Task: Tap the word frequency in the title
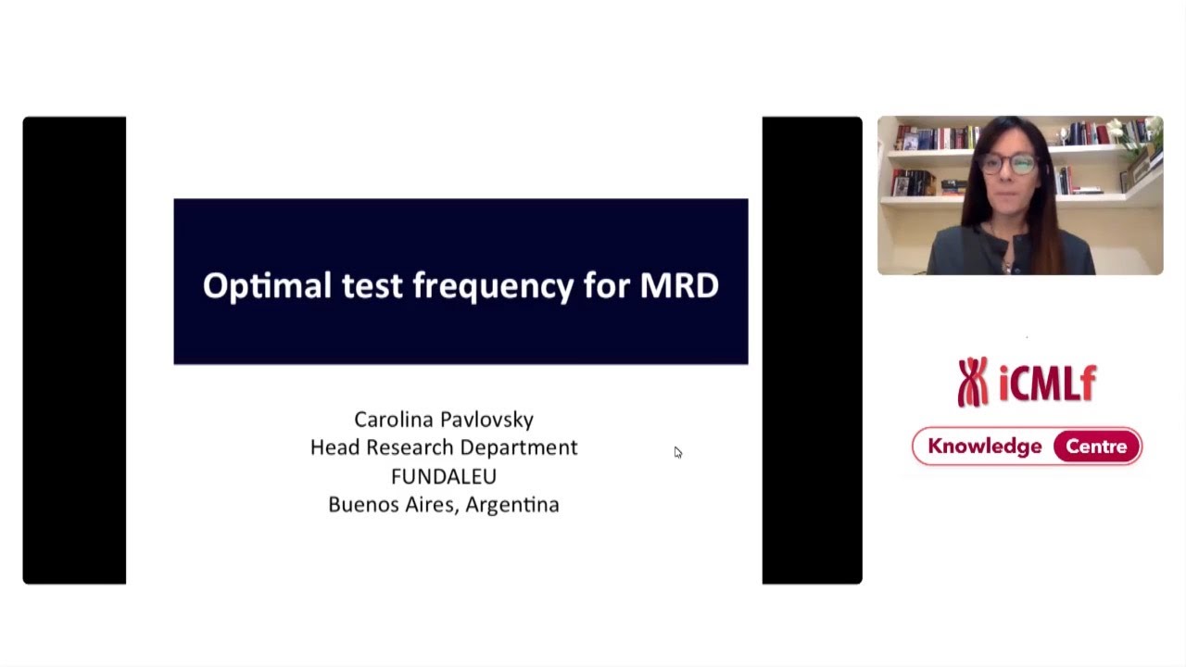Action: (493, 286)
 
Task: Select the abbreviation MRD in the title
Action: (679, 285)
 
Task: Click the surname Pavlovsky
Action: (488, 421)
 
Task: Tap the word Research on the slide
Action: (409, 447)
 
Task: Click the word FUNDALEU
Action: (444, 476)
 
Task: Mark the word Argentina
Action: (512, 506)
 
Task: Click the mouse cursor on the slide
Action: (677, 452)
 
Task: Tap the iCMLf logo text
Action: (1048, 383)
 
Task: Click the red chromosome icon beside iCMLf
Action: (972, 382)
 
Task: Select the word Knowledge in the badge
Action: (984, 447)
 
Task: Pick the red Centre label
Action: (1096, 447)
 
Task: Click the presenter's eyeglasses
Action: (1008, 165)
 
